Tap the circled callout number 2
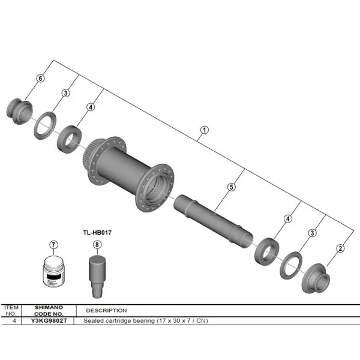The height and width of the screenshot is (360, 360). (340, 248)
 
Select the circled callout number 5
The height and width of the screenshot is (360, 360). (231, 187)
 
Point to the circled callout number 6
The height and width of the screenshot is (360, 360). (41, 79)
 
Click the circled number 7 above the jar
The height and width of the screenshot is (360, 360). (53, 245)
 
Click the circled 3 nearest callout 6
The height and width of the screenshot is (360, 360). (66, 93)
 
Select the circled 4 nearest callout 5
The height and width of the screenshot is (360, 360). (289, 219)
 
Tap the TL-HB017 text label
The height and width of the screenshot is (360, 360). (98, 230)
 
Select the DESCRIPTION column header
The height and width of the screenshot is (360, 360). (106, 311)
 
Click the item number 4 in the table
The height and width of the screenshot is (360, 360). (12, 321)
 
